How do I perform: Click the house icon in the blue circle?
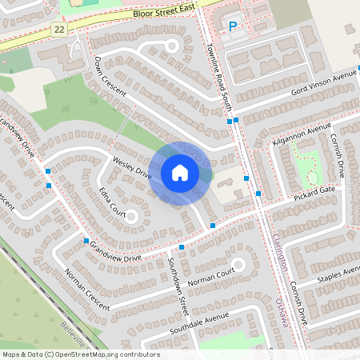180,173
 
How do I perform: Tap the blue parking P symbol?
233,26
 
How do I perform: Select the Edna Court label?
112,202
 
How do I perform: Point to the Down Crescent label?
110,77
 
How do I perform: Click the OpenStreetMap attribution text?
81,354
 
